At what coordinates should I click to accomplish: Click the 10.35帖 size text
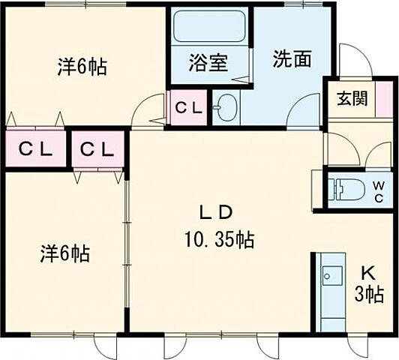(219, 240)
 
